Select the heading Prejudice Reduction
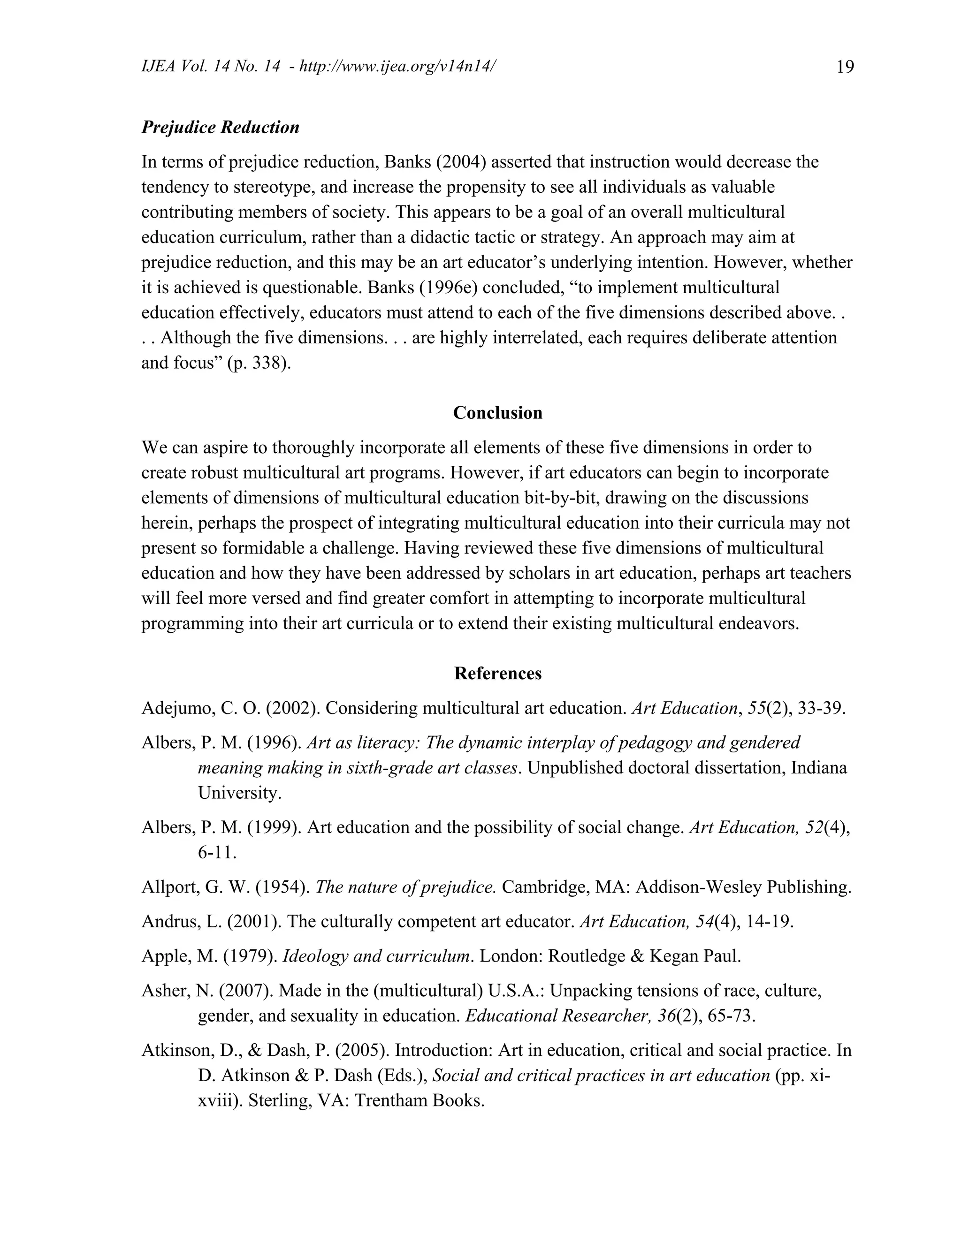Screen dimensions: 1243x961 click(221, 127)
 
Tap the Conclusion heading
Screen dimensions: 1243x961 click(497, 413)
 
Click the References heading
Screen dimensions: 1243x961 click(497, 673)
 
